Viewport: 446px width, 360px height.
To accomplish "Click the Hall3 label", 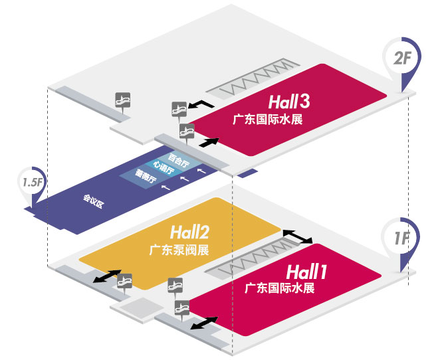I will [289, 102].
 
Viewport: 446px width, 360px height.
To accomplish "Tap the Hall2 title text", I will [189, 233].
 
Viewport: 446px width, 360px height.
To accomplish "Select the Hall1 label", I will [306, 272].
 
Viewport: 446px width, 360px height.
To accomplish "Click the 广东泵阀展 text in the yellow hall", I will [179, 251].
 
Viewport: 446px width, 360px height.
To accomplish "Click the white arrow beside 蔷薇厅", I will [166, 188].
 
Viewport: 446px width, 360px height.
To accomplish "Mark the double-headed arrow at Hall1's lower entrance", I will [203, 324].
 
